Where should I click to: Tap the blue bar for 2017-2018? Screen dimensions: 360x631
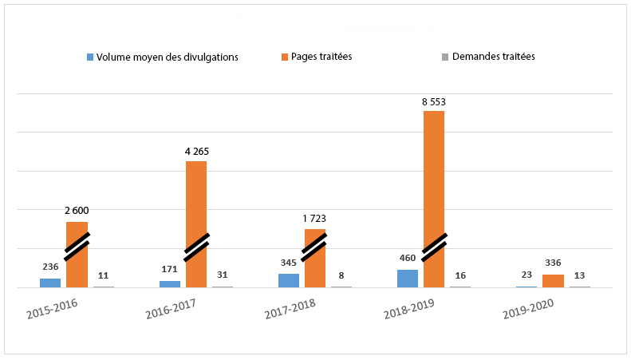tap(289, 280)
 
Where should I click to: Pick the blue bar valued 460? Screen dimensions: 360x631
tap(408, 278)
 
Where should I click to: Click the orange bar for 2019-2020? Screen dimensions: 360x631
tap(553, 280)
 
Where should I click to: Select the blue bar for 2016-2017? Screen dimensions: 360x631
tap(170, 283)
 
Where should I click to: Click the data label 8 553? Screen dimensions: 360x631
tap(434, 102)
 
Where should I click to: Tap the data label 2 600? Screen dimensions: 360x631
tap(77, 211)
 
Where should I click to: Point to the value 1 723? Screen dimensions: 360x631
tap(314, 218)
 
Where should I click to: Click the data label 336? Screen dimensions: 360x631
tap(553, 263)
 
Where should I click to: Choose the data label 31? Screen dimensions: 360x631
tap(222, 275)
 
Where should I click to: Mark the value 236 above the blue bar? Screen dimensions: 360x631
tap(50, 267)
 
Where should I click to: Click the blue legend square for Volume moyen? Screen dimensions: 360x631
tap(90, 57)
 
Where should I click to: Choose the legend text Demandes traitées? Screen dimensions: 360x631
tap(493, 57)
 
